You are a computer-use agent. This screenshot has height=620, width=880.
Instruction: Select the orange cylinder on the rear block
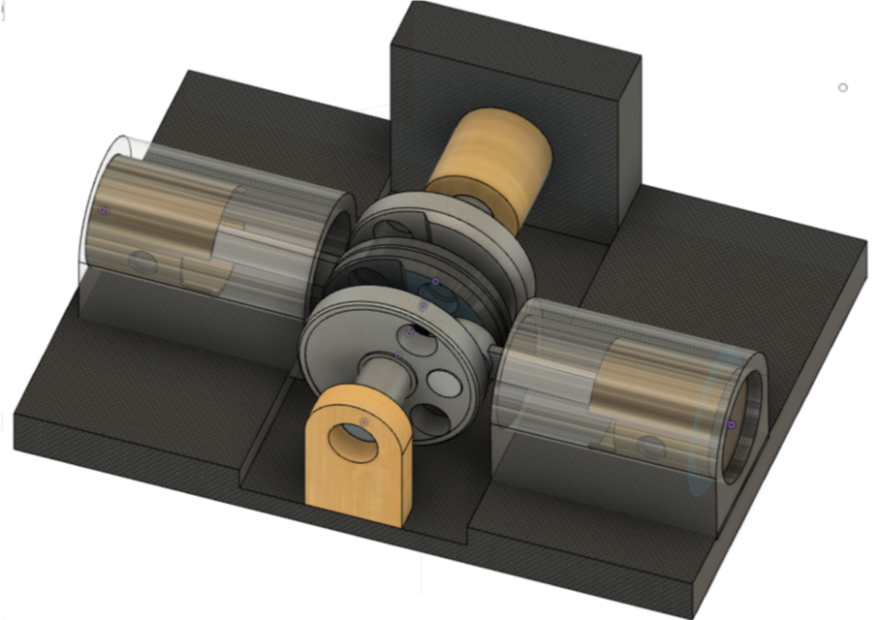[x=490, y=160]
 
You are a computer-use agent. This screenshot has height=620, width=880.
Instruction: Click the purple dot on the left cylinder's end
[x=105, y=210]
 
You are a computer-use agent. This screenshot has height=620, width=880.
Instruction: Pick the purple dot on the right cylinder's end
[x=731, y=425]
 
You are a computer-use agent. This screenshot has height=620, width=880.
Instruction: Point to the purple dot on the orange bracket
[x=364, y=421]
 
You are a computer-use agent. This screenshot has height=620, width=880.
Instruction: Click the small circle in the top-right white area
[x=842, y=87]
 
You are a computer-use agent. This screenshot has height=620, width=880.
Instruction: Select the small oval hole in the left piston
[x=141, y=262]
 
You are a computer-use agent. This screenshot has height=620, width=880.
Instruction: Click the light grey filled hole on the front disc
[x=445, y=383]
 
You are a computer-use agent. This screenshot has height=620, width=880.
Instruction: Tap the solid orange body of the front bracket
[x=359, y=489]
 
